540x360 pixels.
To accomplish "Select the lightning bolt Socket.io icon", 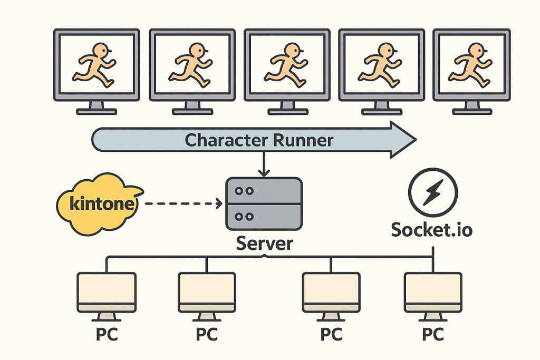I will coord(433,193).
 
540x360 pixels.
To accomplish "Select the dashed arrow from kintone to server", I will coord(182,203).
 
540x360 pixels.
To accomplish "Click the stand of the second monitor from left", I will coord(191,106).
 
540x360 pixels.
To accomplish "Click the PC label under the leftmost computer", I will coord(106,335).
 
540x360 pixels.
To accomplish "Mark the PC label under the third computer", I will coord(331,335).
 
